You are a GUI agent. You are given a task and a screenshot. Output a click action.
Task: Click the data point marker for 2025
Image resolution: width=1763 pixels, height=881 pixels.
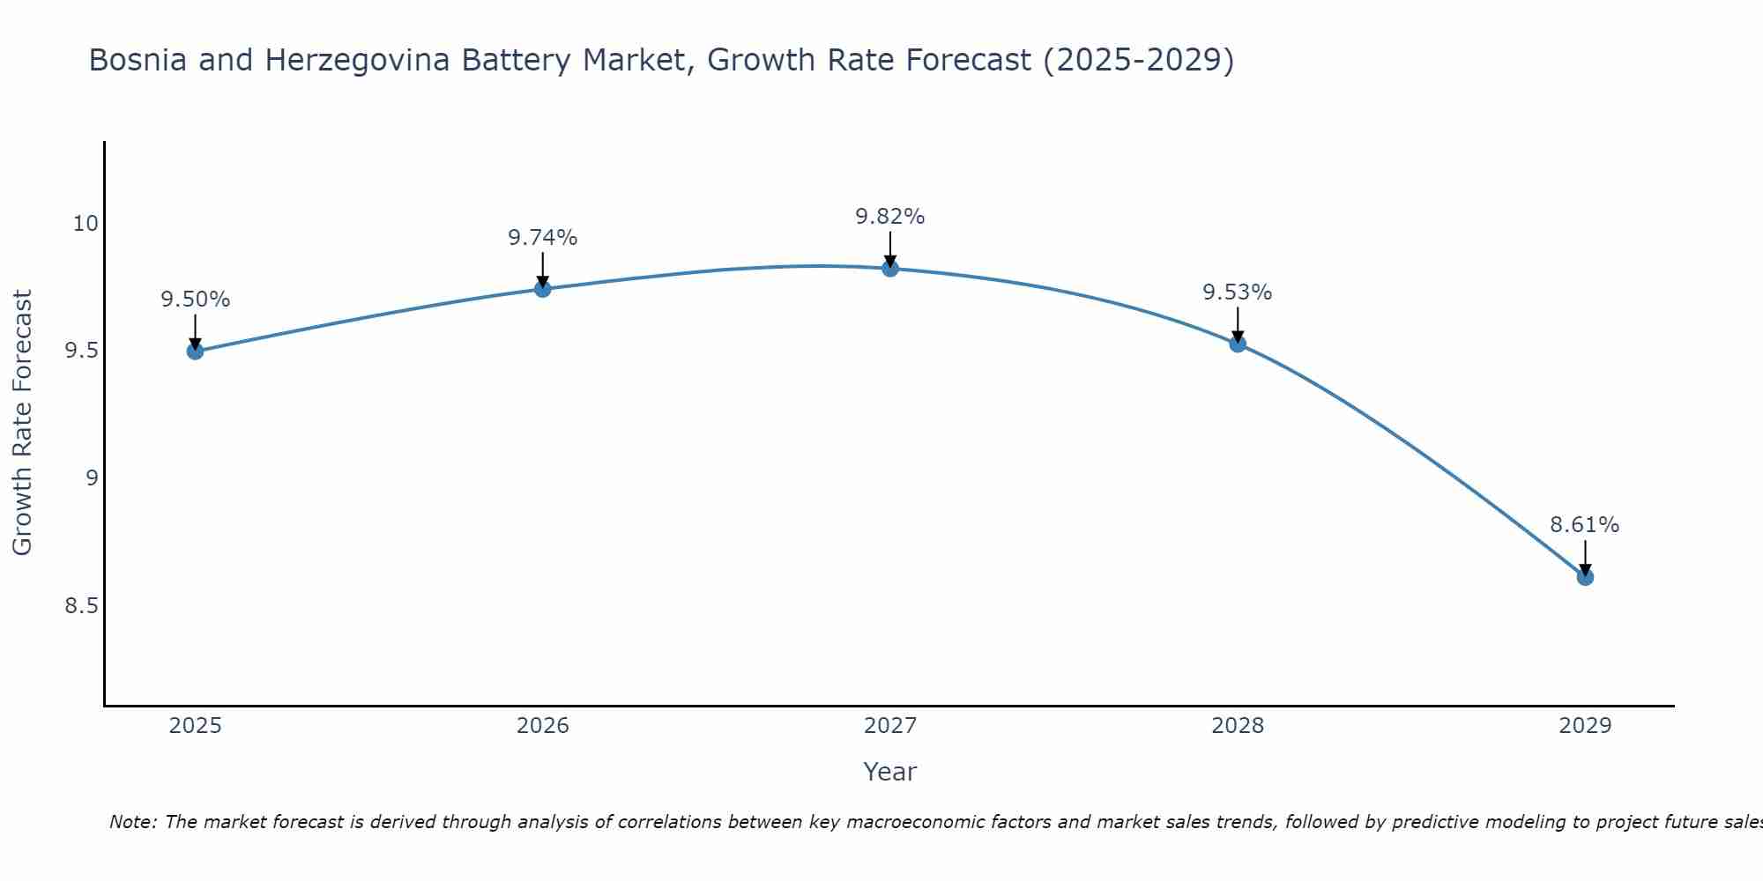click(195, 351)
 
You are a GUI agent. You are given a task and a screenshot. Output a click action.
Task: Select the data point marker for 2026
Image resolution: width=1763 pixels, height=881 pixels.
click(542, 289)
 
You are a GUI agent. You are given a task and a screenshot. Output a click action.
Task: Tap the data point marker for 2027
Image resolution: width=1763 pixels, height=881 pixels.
click(890, 269)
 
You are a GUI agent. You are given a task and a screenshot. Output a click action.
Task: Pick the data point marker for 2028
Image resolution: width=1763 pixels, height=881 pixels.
click(1238, 344)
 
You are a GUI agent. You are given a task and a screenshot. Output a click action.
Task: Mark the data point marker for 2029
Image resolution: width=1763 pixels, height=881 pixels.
click(1585, 577)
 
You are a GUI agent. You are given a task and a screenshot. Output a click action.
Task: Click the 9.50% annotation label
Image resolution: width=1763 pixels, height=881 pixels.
click(195, 300)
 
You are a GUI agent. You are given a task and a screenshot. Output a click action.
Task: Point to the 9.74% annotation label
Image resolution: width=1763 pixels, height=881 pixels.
click(542, 238)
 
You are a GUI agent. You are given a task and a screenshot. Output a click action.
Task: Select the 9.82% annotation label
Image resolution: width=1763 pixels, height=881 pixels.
click(890, 217)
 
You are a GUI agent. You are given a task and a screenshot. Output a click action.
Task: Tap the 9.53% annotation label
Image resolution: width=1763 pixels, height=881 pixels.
click(1238, 292)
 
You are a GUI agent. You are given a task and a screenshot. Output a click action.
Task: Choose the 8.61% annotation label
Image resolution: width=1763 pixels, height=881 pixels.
click(1585, 525)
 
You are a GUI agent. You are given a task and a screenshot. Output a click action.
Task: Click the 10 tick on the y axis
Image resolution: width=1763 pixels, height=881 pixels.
click(85, 224)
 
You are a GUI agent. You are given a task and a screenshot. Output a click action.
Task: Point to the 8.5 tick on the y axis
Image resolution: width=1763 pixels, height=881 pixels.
click(81, 606)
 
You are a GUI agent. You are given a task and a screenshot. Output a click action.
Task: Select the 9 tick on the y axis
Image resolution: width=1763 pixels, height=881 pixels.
click(92, 478)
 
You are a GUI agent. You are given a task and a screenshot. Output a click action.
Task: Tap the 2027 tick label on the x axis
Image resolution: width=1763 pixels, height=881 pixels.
click(890, 726)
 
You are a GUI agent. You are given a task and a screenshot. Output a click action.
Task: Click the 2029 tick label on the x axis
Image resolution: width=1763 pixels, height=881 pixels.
click(1585, 726)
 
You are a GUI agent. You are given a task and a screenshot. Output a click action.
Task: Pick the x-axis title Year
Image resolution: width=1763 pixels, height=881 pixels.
click(890, 772)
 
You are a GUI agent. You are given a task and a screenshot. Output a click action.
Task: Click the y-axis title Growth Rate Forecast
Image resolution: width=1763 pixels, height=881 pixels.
click(23, 423)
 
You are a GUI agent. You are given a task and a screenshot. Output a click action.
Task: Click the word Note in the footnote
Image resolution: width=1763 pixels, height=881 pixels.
click(131, 822)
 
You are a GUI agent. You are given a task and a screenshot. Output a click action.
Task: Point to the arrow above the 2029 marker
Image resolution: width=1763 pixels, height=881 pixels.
click(1585, 557)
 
